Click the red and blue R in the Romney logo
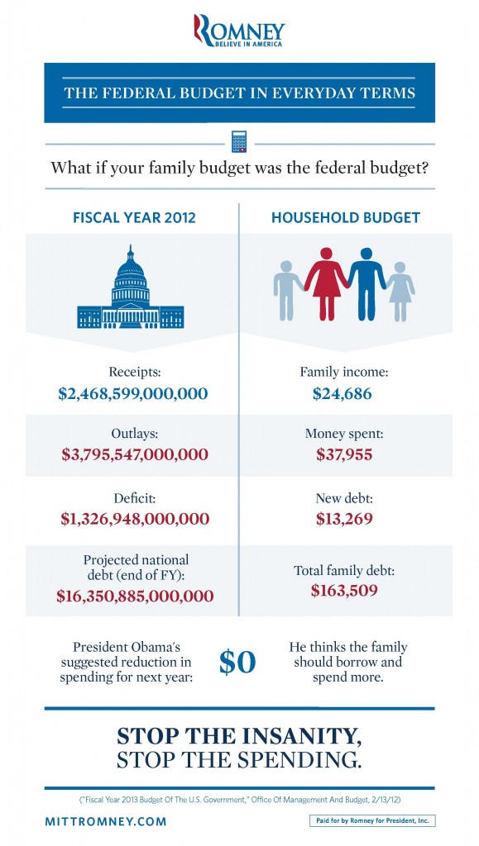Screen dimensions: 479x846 point(203,31)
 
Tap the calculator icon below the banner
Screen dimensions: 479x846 point(239,141)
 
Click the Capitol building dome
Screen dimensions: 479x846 point(130,275)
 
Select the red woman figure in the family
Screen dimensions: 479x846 point(326,284)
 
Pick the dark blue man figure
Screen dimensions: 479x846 point(366,284)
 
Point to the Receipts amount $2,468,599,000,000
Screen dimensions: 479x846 point(133,393)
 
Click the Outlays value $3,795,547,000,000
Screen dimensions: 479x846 point(135,454)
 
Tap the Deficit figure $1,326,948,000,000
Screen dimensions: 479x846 point(135,519)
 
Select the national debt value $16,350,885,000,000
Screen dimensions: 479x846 point(135,596)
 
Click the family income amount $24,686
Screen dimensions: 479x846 point(342,394)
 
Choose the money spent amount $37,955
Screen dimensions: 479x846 point(344,454)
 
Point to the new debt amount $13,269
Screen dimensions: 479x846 point(344,519)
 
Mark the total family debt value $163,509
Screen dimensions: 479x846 point(344,590)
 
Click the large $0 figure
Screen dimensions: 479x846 point(237,663)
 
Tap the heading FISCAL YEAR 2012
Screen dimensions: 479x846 point(134,217)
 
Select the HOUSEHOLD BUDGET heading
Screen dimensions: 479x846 point(346,217)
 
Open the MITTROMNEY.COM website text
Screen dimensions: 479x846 point(106,822)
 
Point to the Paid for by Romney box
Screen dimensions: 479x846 point(372,821)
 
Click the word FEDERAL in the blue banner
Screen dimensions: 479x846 point(136,93)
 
